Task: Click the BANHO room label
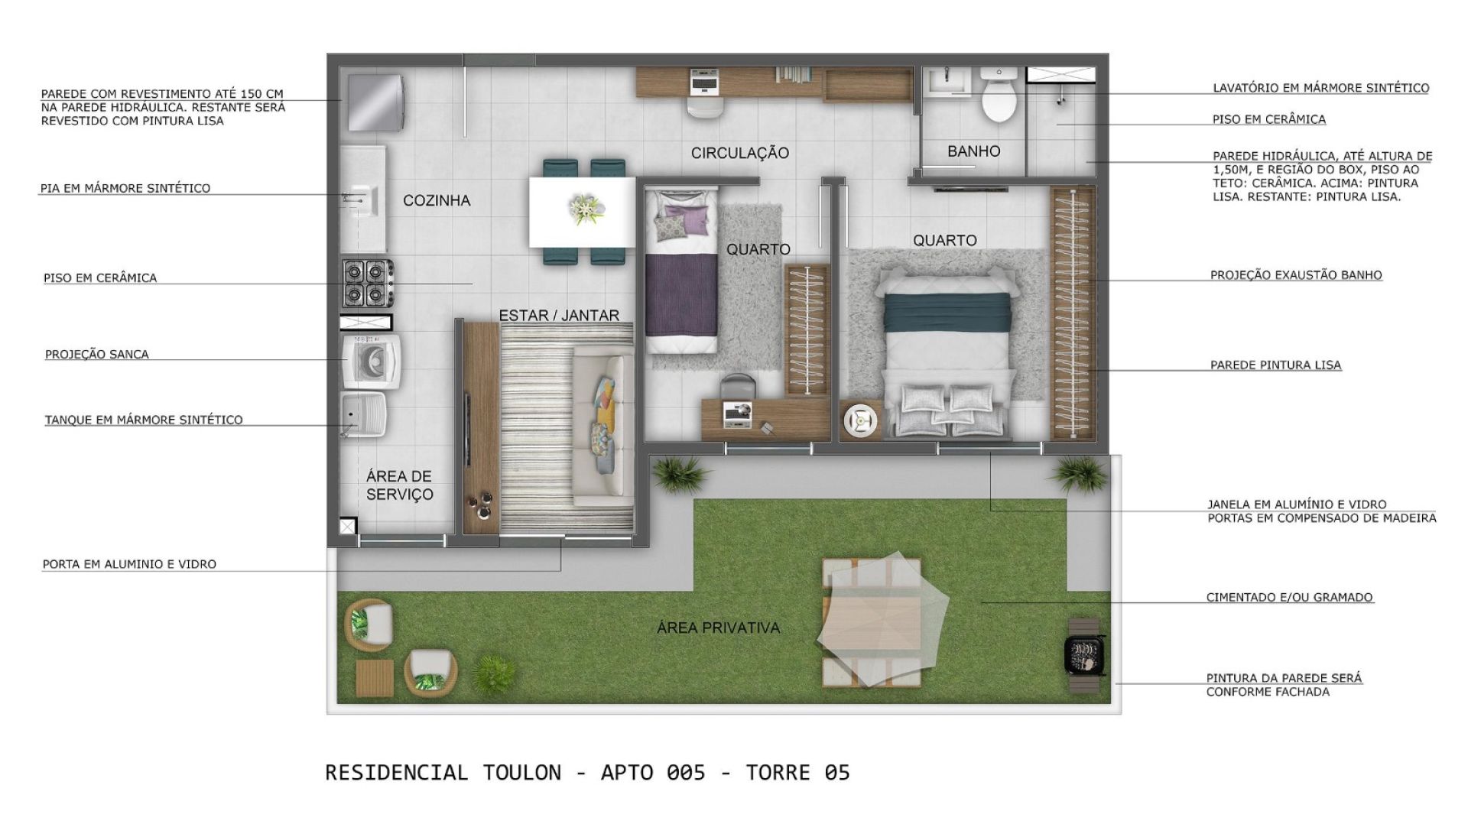click(973, 151)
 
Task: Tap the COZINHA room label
click(437, 200)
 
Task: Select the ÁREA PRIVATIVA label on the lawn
click(719, 628)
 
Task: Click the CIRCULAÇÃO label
click(739, 153)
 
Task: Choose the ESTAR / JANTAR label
click(559, 315)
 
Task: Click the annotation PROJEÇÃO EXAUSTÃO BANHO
click(1296, 275)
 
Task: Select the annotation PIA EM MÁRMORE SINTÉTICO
click(125, 188)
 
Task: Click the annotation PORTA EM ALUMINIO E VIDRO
click(129, 564)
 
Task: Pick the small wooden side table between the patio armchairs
click(375, 678)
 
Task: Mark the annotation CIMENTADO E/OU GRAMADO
click(1290, 598)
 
